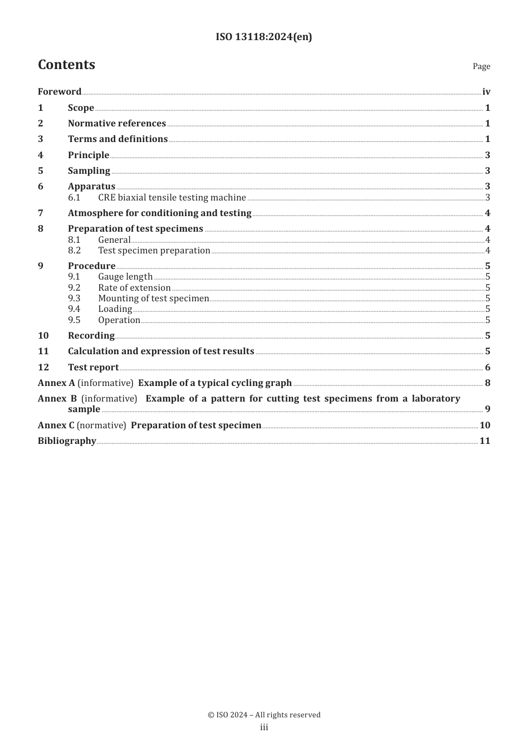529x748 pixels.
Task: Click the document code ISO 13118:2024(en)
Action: point(264,37)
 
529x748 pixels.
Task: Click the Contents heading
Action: point(66,65)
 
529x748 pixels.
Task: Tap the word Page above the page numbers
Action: point(481,66)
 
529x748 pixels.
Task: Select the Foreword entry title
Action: point(60,92)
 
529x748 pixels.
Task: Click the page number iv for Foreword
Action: point(486,92)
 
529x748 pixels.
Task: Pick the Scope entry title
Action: point(81,108)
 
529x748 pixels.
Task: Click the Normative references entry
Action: point(117,124)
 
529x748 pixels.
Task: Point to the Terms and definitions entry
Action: point(117,139)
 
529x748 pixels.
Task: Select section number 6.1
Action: point(74,198)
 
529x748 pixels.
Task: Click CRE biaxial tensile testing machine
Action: point(172,198)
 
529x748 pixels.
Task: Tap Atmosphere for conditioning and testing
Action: point(160,213)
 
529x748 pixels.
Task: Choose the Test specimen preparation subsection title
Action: point(154,251)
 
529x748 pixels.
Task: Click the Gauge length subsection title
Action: point(125,277)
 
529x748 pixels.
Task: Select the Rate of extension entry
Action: point(134,288)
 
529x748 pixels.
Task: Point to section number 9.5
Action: point(74,320)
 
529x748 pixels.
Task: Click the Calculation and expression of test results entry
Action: point(161,351)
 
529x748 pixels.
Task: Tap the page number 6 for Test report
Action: point(487,368)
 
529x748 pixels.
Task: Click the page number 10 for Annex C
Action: point(485,426)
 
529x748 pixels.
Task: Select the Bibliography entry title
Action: point(67,441)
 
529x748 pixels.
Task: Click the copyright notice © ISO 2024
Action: point(264,715)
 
